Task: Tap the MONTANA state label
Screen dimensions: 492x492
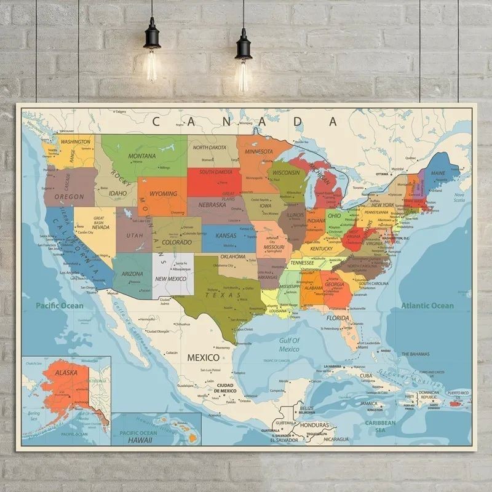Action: pyautogui.click(x=142, y=156)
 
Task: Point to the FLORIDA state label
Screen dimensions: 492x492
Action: pyautogui.click(x=338, y=318)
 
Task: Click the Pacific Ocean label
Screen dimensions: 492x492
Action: pyautogui.click(x=59, y=306)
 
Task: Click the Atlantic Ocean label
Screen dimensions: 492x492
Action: pyautogui.click(x=427, y=306)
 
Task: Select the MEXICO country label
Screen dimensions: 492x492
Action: pyautogui.click(x=203, y=357)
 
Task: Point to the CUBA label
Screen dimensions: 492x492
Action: pyautogui.click(x=366, y=376)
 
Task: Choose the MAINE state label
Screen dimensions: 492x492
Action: pyautogui.click(x=438, y=173)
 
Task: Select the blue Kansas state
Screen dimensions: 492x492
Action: pyautogui.click(x=228, y=237)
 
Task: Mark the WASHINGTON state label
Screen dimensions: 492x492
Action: pyautogui.click(x=76, y=141)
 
